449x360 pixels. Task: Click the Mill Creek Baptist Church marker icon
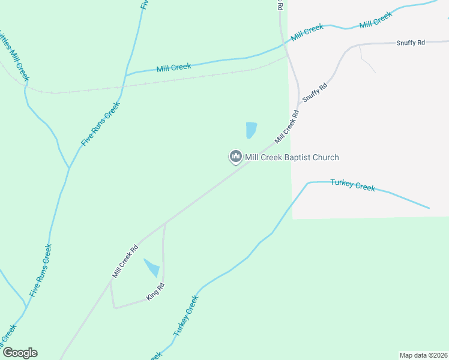tap(235, 157)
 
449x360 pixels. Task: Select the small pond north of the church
tap(251, 130)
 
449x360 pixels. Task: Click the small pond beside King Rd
tap(152, 268)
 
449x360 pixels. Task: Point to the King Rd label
tap(156, 291)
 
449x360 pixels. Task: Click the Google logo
tap(20, 353)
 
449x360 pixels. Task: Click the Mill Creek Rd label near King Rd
tap(125, 261)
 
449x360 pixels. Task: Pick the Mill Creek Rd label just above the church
tap(287, 126)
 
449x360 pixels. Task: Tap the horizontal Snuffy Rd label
tap(411, 43)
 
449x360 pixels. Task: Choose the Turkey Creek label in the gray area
tap(353, 185)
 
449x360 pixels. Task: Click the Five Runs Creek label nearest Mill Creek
tap(100, 124)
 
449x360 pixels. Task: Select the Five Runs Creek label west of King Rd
tap(41, 271)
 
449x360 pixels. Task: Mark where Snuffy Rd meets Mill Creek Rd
tap(298, 103)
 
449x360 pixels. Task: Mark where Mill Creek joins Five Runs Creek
tap(124, 76)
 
